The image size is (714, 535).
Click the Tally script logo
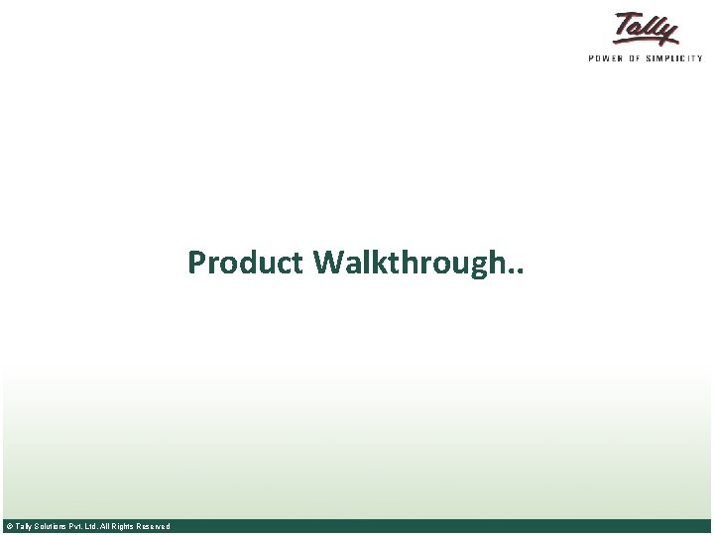pos(647,29)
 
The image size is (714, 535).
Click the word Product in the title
pos(246,264)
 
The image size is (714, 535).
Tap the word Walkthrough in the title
pos(411,264)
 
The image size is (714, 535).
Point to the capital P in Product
pos(196,264)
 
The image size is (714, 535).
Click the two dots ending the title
pos(519,272)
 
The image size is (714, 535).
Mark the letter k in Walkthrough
pos(376,263)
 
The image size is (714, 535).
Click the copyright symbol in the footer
pos(8,526)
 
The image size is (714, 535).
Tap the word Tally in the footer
pos(23,526)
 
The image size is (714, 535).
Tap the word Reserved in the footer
pos(155,526)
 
